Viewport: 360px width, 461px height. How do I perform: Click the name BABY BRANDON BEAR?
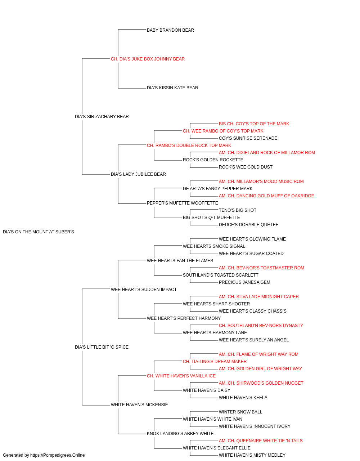tap(170, 30)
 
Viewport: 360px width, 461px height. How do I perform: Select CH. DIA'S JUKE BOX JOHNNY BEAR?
tap(148, 59)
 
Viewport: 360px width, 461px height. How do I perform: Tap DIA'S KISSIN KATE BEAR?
tap(172, 88)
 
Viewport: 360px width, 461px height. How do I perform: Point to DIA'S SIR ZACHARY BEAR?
tap(102, 117)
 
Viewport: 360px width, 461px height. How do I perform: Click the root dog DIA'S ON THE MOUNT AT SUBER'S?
tap(39, 232)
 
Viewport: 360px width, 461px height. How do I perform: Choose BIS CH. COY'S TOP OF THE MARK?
tap(254, 124)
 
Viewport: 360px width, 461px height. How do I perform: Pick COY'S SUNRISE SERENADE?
tap(248, 138)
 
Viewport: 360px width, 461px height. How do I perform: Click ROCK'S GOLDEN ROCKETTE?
tap(213, 160)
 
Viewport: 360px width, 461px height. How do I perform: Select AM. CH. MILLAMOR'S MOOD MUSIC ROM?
tap(261, 182)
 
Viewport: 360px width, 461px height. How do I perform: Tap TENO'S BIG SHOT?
tap(238, 210)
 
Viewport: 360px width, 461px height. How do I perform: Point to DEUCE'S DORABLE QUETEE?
tap(248, 225)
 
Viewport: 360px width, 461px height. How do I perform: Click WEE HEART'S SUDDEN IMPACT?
tap(144, 290)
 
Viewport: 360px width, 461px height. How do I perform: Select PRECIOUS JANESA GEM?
tap(244, 282)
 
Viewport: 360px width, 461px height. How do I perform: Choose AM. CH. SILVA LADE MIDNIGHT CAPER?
tap(258, 297)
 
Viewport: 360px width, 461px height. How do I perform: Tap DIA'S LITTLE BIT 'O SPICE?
tap(102, 347)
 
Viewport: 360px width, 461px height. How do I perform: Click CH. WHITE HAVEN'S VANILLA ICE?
tap(181, 376)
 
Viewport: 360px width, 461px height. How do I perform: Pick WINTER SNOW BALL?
tap(240, 412)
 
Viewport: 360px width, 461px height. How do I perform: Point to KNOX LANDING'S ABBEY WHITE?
tap(180, 434)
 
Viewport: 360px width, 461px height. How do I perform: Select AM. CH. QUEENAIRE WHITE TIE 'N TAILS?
tap(261, 441)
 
